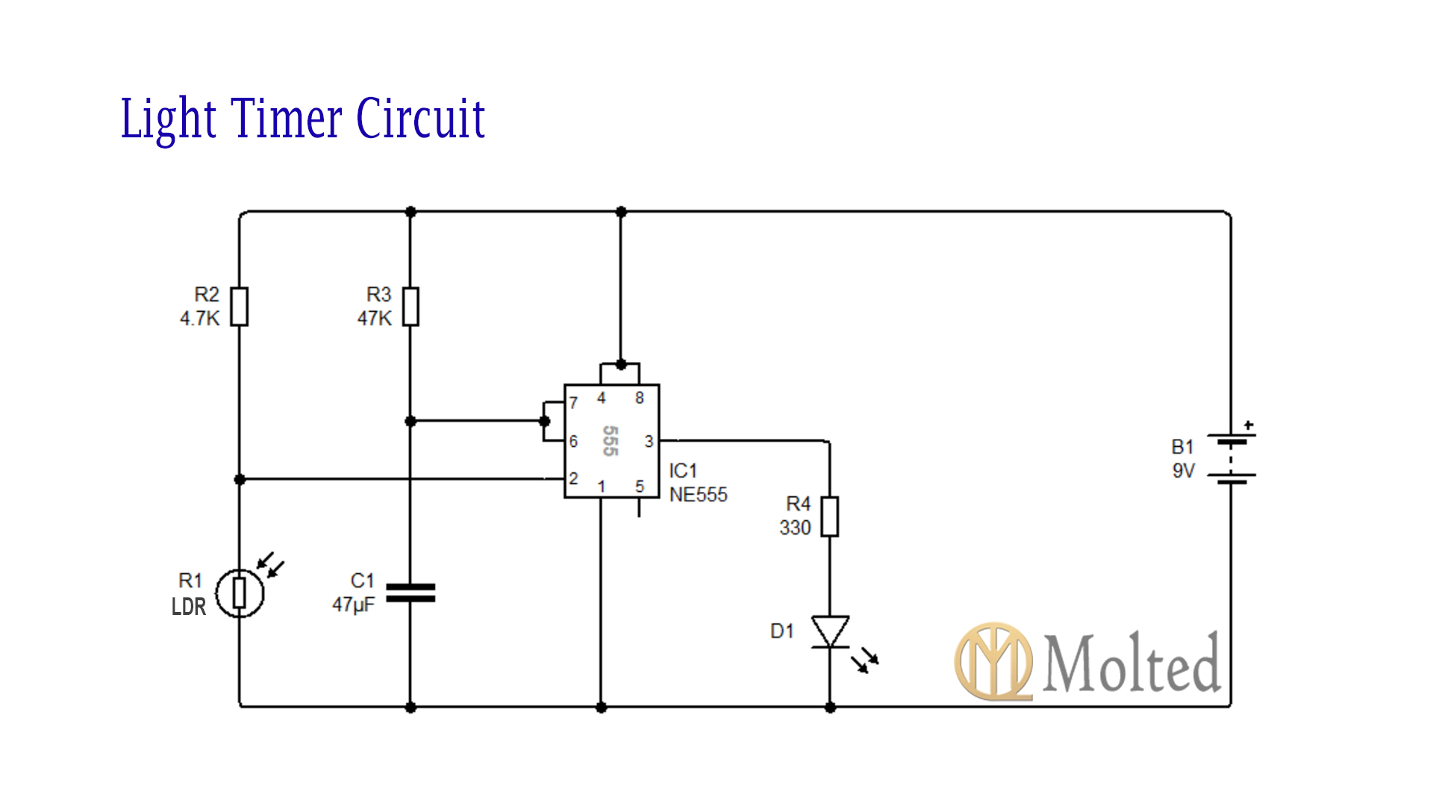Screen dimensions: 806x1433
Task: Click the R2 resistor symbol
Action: tap(239, 307)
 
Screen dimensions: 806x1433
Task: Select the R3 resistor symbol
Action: tap(410, 307)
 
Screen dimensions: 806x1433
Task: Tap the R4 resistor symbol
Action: tap(829, 516)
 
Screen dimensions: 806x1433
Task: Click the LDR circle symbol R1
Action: tap(240, 593)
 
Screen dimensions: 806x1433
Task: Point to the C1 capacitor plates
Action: tap(410, 593)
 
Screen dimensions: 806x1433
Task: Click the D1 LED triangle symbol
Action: tap(830, 631)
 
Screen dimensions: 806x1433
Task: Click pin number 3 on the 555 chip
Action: tap(649, 441)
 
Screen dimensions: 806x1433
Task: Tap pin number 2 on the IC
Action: tap(573, 478)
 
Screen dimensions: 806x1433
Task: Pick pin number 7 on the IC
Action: tap(573, 403)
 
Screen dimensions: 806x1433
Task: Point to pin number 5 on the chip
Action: tap(640, 486)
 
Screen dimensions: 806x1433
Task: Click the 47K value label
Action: tap(374, 319)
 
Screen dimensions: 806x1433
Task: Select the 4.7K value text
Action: tap(199, 319)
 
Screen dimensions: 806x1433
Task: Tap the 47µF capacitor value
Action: tap(353, 604)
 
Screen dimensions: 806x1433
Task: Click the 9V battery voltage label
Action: tap(1183, 471)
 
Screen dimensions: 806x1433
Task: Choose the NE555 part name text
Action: tap(698, 495)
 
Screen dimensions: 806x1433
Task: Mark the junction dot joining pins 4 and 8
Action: tap(620, 365)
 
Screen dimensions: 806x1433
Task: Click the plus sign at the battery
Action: tap(1249, 425)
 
